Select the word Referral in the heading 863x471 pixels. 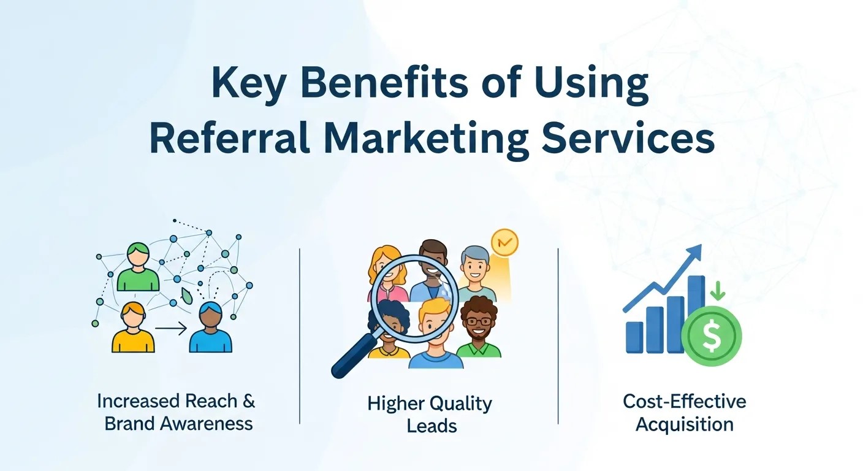(229, 140)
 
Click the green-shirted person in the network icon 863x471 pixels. (138, 268)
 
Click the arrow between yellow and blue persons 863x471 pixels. (171, 330)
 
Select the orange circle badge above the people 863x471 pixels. (504, 242)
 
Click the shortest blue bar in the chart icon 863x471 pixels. (634, 337)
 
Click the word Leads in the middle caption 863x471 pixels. (431, 425)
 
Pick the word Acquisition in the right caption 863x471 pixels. (684, 424)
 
